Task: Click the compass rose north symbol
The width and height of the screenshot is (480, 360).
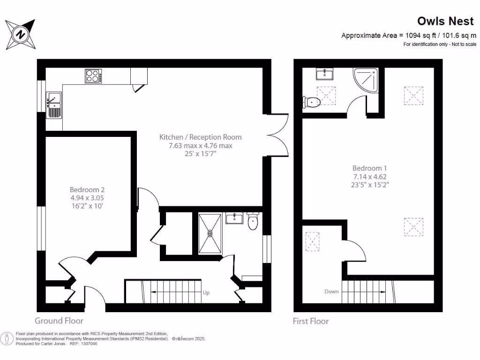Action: coord(21,34)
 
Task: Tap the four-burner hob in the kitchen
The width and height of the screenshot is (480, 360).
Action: coord(93,76)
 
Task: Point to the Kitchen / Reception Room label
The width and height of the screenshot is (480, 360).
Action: coord(201,137)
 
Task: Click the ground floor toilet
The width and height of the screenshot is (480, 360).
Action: coord(253,222)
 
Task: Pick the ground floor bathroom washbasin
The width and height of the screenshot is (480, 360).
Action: coord(234,218)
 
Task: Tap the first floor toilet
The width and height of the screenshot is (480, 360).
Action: coord(311,101)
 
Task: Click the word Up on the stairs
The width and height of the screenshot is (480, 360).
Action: coord(206,293)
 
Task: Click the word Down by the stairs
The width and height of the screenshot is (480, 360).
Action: coord(331,292)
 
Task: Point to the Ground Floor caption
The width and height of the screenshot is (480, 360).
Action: coord(59,321)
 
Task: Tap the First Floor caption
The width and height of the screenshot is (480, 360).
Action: coord(311,321)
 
